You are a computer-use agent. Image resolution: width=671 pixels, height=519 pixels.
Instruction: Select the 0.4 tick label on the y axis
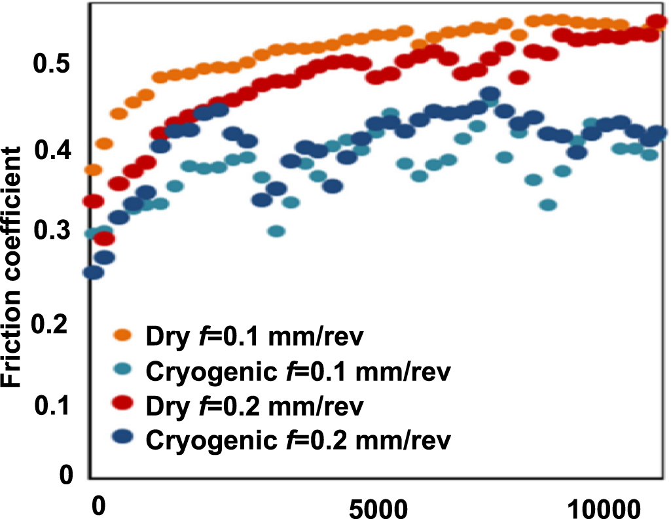[x=52, y=152]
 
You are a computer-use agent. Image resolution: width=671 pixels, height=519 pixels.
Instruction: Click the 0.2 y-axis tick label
[x=52, y=325]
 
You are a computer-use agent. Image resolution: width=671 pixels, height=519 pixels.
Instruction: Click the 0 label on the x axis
[x=98, y=507]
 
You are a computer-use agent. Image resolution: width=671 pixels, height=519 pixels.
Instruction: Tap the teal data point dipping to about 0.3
[x=276, y=230]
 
